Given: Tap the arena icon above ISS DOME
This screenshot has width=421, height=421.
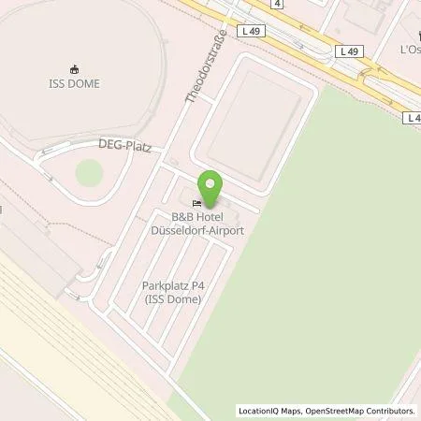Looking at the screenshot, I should point(74,67).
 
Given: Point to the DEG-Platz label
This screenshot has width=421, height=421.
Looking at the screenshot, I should point(124,146).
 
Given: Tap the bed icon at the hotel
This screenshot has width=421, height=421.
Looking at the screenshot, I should point(196,203).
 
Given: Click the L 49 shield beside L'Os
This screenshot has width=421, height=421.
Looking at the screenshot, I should point(349,51).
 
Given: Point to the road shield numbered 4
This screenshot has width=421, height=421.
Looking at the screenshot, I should point(278,4).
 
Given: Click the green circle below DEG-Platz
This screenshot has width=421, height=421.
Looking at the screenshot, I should point(89,172).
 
